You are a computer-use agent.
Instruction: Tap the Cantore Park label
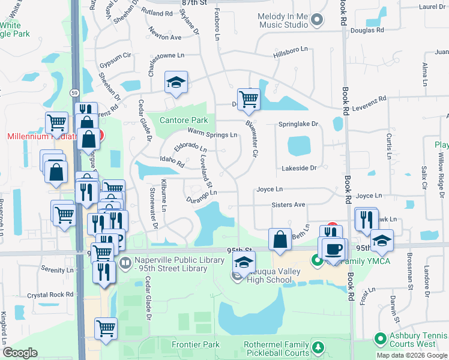point(184,120)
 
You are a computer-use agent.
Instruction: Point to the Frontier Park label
point(195,344)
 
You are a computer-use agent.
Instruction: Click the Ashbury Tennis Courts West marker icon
point(379,340)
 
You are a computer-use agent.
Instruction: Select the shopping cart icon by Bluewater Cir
point(249,99)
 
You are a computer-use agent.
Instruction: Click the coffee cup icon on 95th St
point(334,248)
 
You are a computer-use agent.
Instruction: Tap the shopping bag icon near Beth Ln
point(280,239)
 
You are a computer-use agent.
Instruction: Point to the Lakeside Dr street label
point(298,169)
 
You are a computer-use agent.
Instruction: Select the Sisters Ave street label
point(288,205)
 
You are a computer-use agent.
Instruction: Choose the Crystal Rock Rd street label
point(54,295)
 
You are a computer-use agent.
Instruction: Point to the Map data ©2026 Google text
point(411,355)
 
